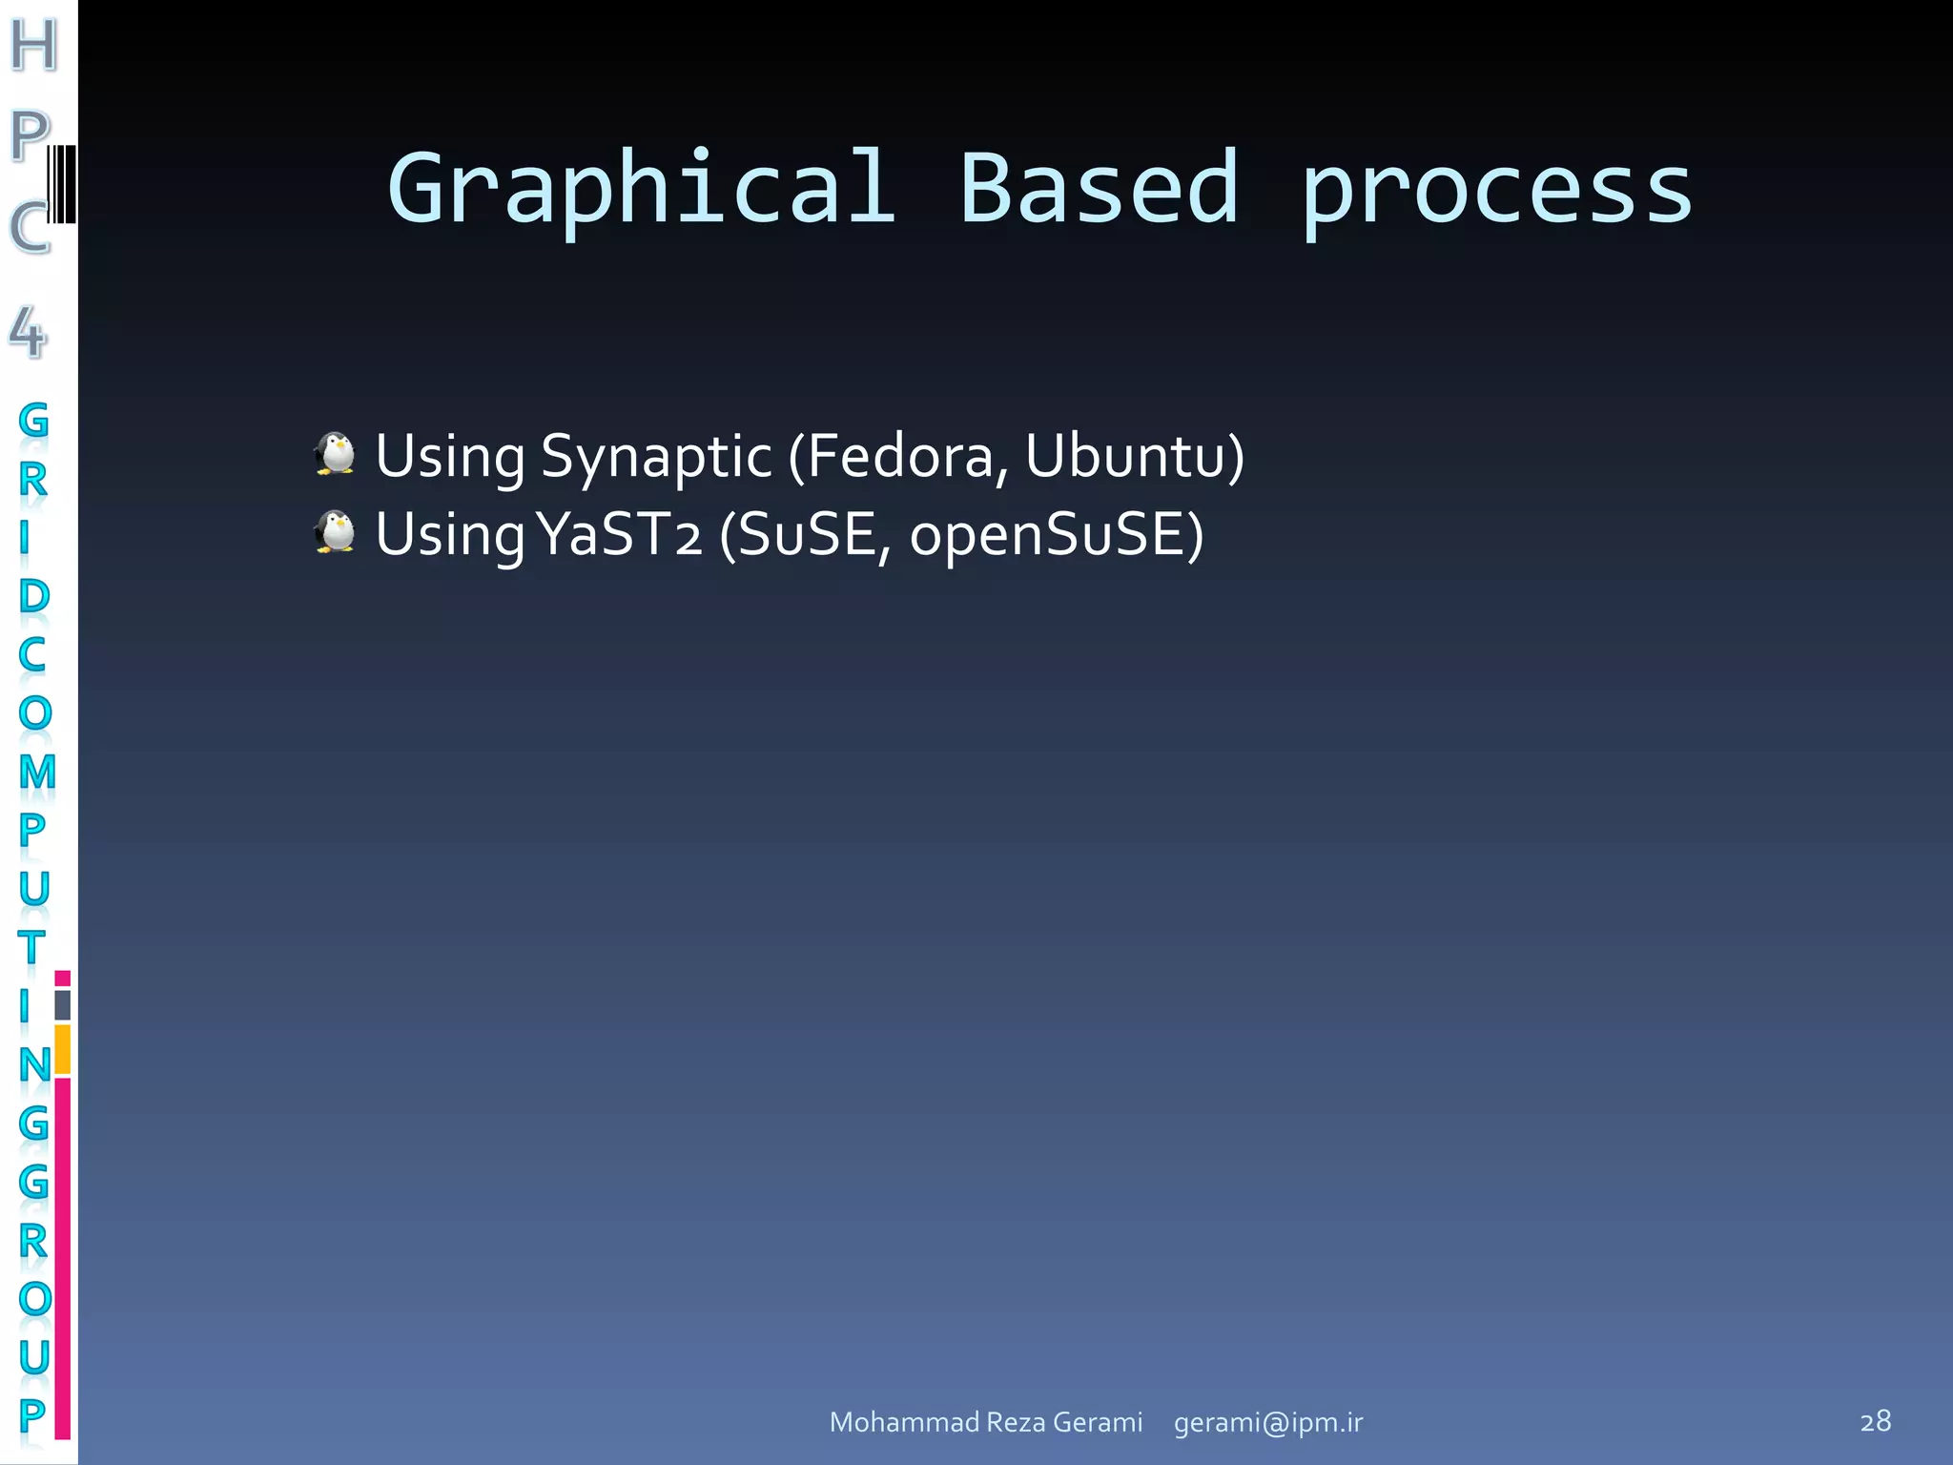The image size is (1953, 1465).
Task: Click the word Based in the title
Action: pos(1099,189)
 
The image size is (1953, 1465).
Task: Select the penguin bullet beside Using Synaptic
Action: pos(335,453)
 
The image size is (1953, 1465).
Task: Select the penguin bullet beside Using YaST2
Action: pos(335,531)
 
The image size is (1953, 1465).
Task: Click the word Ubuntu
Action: pos(1125,456)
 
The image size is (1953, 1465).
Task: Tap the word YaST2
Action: pos(620,534)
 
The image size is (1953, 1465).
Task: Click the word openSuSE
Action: pos(1047,534)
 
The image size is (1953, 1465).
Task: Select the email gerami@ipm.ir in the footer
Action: pos(1267,1422)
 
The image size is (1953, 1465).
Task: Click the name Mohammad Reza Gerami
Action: pos(985,1422)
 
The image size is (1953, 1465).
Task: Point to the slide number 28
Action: pos(1875,1421)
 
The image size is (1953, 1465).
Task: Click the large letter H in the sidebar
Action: pos(34,45)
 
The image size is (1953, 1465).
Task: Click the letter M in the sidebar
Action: pos(36,772)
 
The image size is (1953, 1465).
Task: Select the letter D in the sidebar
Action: pos(33,596)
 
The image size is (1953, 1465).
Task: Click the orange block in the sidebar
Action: pos(63,1049)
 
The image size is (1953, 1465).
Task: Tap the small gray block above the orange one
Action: pos(63,1004)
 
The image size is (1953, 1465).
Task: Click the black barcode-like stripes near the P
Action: pos(62,184)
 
